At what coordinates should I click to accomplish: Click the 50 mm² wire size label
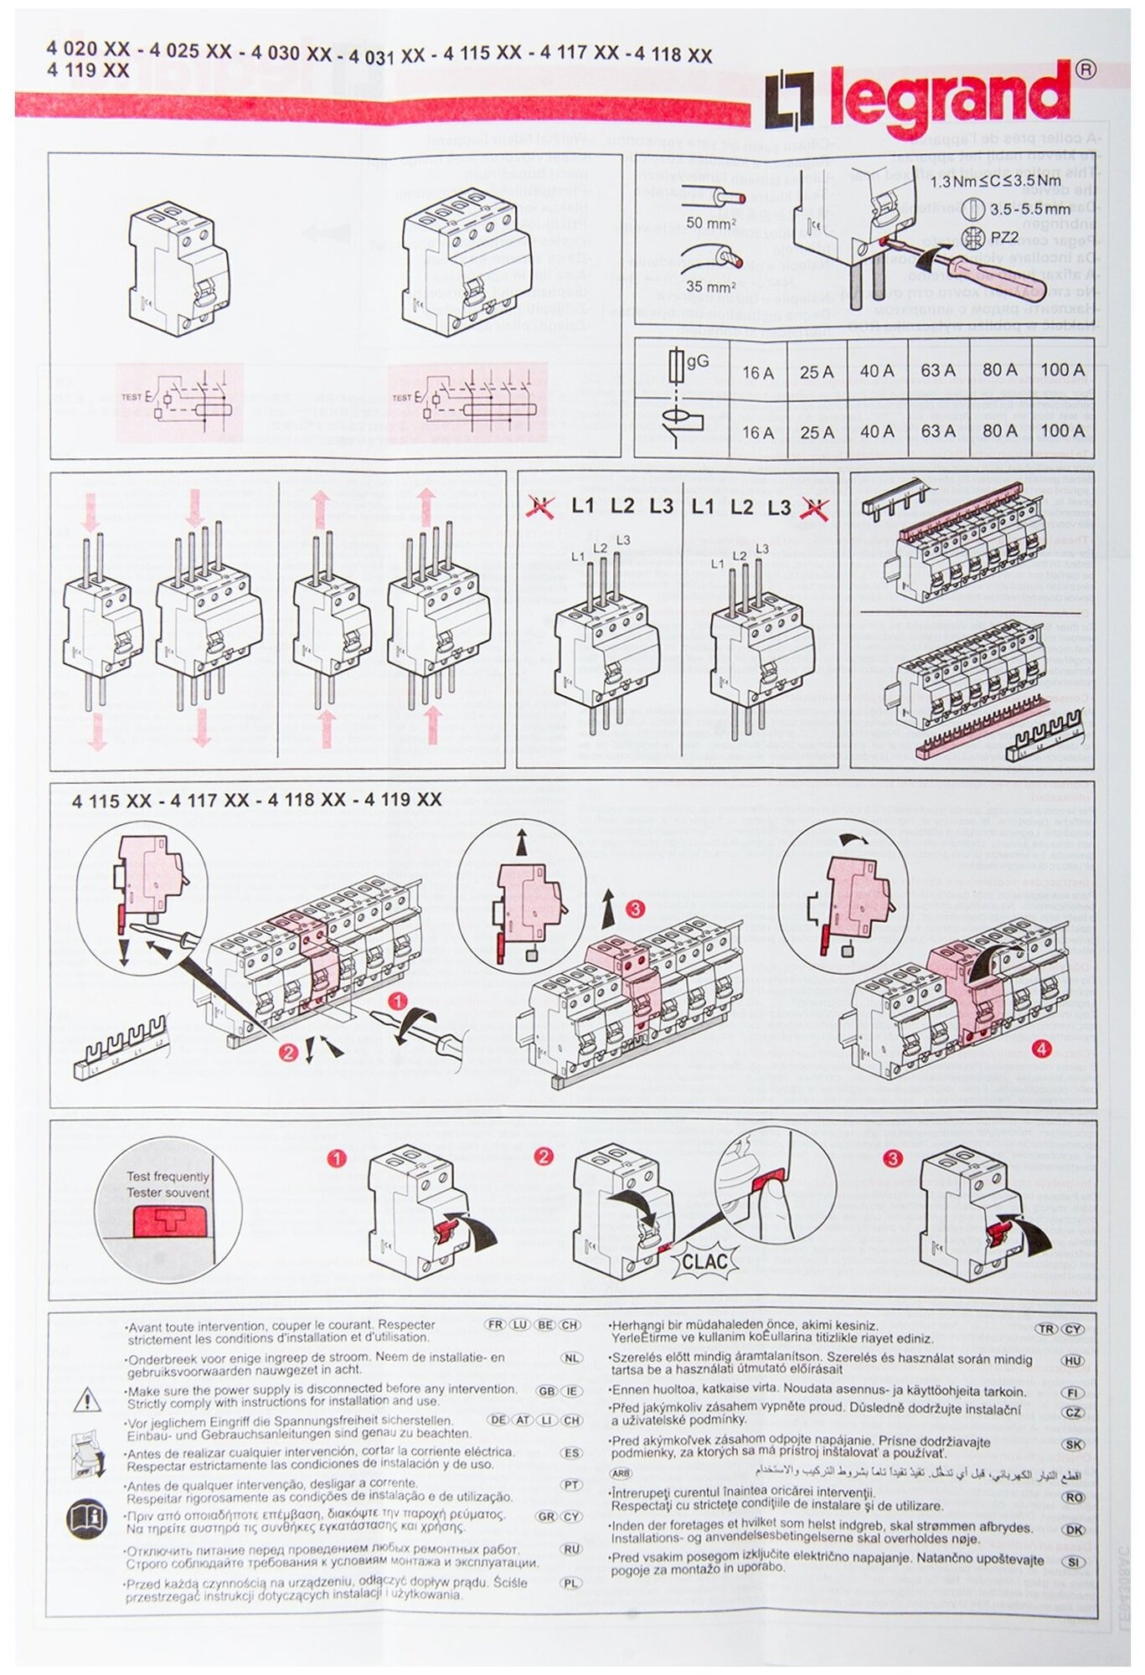[710, 223]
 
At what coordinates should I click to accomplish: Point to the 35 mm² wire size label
[710, 286]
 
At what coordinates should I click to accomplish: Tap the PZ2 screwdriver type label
[1004, 237]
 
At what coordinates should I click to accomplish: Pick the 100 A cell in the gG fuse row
[1062, 369]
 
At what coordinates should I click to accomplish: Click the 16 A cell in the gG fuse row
[757, 372]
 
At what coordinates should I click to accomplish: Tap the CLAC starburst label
[704, 1261]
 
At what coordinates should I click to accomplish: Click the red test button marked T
[171, 1222]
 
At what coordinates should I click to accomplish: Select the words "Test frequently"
[168, 1177]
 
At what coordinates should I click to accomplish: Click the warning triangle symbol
[87, 1399]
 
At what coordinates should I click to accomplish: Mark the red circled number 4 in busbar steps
[1041, 1049]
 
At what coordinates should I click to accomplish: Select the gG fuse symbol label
[696, 361]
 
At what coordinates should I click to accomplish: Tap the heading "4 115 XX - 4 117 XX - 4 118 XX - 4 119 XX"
[256, 800]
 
